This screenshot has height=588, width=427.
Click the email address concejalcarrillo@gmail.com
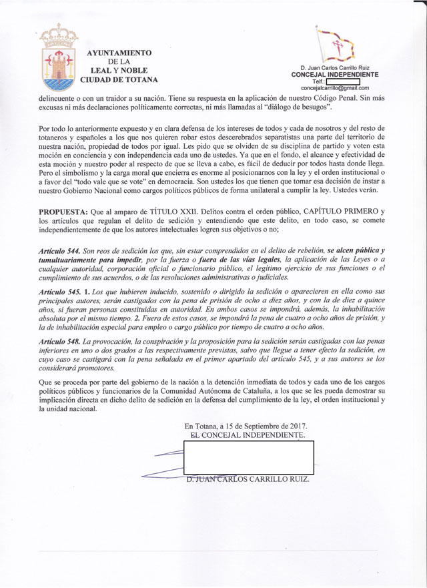pos(335,88)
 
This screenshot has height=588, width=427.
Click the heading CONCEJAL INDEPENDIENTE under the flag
pos(335,75)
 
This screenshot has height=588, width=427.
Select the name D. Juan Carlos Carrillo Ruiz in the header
pos(335,68)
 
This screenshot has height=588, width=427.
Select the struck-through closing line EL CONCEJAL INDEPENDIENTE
pos(248,434)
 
